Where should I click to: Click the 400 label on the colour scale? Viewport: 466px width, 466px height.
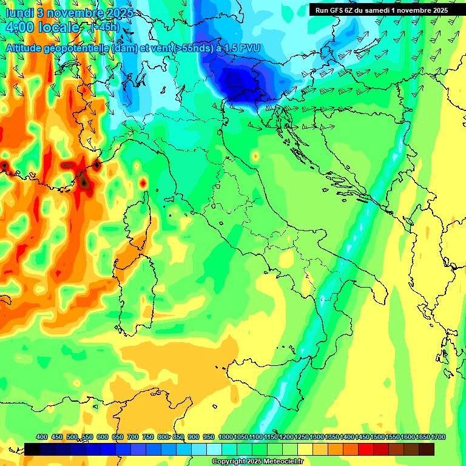pos(42,437)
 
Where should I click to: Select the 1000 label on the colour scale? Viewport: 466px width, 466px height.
pos(226,437)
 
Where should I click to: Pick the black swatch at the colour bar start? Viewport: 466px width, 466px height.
pos(32,449)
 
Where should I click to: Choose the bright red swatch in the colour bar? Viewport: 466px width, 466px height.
pos(366,449)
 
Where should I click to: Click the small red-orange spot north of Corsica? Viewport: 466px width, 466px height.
pos(143,182)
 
